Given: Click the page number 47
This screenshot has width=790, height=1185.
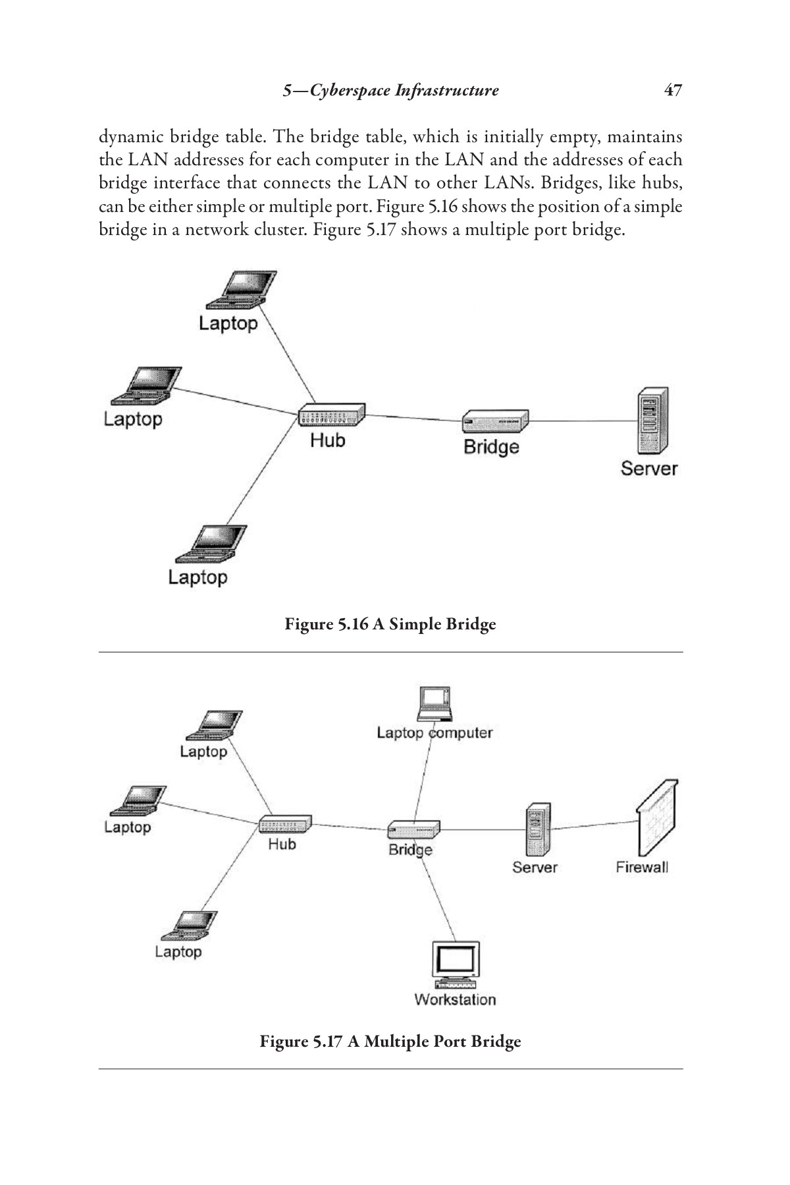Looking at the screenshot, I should click(x=672, y=90).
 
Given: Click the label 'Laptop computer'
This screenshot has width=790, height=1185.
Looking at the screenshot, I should click(x=434, y=733).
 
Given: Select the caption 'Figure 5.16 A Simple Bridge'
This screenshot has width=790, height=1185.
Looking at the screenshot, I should click(x=390, y=623).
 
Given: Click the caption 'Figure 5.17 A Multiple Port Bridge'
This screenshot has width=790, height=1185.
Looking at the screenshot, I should click(x=390, y=1041).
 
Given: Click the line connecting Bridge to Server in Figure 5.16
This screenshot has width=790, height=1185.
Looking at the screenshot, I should click(x=583, y=421).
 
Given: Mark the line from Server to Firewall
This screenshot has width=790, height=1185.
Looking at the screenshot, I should click(x=594, y=825).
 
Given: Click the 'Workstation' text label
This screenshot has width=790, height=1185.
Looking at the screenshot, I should click(x=455, y=999).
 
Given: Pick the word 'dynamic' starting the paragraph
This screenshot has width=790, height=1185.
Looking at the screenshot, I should click(x=129, y=138).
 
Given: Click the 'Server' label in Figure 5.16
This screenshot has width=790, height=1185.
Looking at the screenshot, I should click(x=648, y=468).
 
